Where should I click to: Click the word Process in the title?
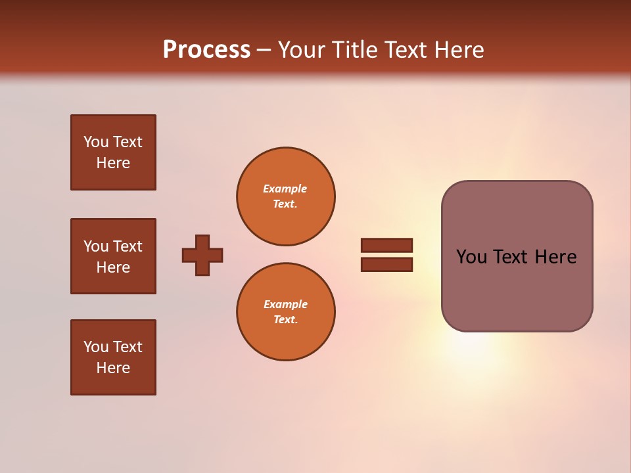click(x=206, y=50)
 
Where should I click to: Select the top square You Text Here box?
click(x=113, y=152)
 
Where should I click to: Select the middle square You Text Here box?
click(x=113, y=256)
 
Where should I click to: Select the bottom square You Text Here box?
click(x=113, y=357)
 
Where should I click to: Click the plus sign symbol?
click(x=202, y=255)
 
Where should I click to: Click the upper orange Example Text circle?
click(x=285, y=196)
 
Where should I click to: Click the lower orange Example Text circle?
click(x=285, y=312)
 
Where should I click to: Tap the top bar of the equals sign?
click(x=386, y=245)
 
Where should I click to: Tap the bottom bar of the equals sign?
click(x=386, y=265)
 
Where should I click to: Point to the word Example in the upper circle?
click(x=285, y=189)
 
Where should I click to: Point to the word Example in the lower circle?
click(x=285, y=304)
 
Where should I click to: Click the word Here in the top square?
click(x=113, y=163)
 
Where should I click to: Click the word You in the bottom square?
click(x=95, y=347)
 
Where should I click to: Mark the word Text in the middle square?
click(x=128, y=246)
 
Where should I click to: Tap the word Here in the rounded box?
click(x=555, y=257)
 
